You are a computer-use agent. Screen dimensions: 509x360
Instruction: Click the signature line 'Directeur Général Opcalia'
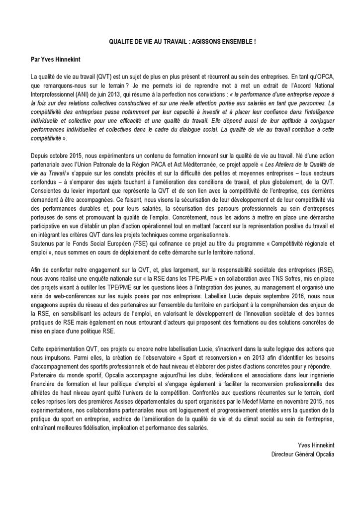303,453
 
